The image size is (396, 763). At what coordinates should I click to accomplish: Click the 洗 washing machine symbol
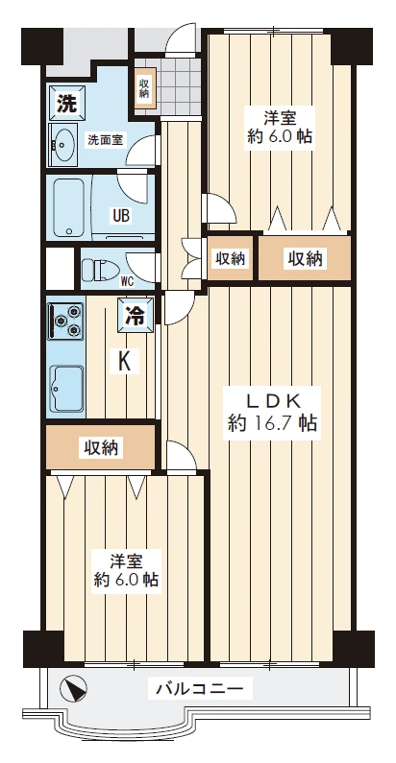[65, 102]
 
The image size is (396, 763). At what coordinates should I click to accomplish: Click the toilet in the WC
[100, 266]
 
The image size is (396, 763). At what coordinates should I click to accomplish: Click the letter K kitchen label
[124, 362]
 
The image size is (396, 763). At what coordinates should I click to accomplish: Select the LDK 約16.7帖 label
[273, 412]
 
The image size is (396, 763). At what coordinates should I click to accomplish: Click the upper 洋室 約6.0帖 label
[280, 127]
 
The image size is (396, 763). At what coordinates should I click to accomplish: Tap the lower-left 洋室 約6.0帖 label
[126, 571]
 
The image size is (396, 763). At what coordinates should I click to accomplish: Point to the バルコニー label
[202, 688]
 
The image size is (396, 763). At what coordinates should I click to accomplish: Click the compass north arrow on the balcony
[73, 690]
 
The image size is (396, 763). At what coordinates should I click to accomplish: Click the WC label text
[126, 280]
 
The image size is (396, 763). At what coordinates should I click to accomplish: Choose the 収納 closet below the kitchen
[100, 446]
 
